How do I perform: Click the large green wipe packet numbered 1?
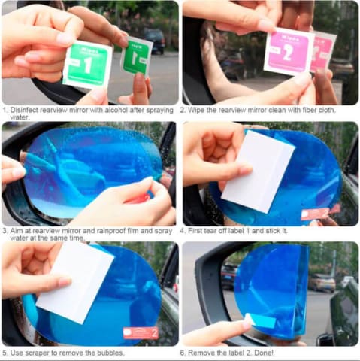[x=87, y=65]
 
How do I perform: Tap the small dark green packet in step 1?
[x=137, y=57]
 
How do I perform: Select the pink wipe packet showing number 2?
[x=289, y=51]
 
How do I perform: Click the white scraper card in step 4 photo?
[x=258, y=171]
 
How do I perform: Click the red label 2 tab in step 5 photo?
[x=141, y=333]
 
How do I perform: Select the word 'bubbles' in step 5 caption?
[x=110, y=353]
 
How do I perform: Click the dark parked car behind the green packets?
[x=155, y=41]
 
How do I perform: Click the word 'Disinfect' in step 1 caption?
[x=24, y=111]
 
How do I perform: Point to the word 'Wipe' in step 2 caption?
[x=196, y=111]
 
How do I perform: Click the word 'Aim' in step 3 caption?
[x=16, y=231]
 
